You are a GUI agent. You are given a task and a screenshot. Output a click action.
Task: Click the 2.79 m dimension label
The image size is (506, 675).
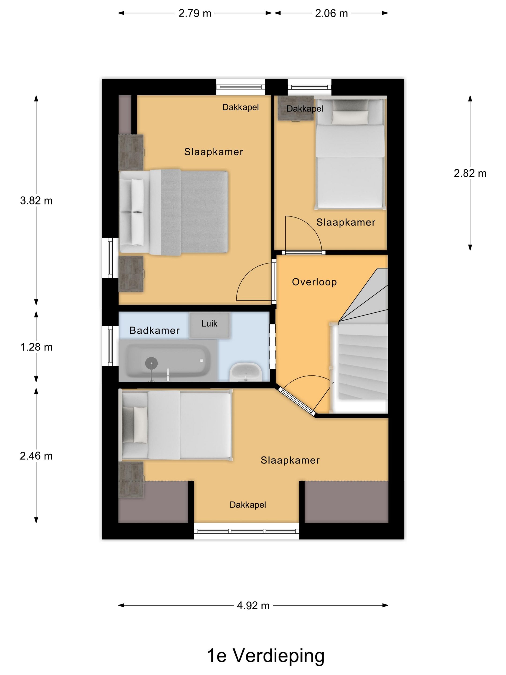(195, 13)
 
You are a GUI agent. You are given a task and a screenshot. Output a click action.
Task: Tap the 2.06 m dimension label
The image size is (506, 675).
(331, 13)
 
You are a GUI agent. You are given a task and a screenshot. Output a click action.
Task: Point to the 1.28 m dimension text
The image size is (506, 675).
(36, 347)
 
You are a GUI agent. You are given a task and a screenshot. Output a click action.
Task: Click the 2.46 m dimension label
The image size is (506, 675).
(36, 456)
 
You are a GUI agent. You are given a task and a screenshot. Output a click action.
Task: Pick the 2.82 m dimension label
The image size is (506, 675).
(470, 173)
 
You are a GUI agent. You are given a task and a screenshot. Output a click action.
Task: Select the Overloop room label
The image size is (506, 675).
(314, 282)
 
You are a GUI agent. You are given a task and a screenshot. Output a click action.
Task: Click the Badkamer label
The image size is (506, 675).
(155, 330)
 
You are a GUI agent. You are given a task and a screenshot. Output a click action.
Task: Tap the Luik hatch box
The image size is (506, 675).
(209, 325)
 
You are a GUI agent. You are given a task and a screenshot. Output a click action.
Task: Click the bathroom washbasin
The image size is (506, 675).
(246, 372)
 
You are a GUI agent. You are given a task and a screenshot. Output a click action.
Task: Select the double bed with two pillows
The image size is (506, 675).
(174, 212)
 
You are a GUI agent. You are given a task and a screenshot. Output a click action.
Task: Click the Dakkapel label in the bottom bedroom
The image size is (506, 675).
(248, 505)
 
